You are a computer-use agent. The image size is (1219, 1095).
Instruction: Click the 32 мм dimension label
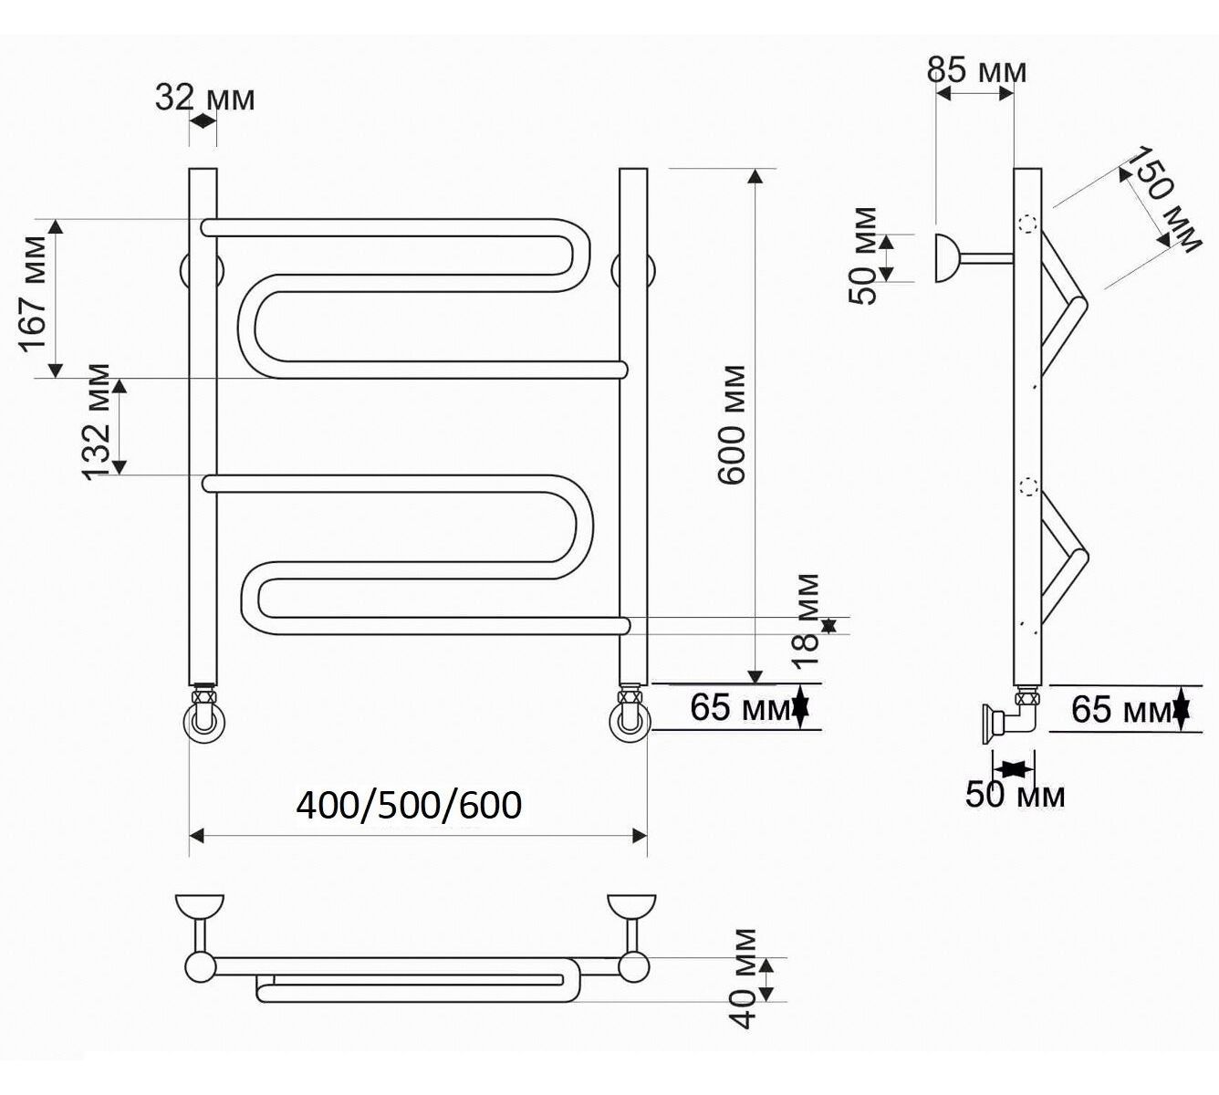(x=204, y=98)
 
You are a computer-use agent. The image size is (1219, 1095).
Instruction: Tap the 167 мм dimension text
(x=33, y=294)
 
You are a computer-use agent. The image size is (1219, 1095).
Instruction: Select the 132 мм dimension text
(x=96, y=422)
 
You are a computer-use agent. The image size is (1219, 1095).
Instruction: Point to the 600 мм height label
(x=732, y=424)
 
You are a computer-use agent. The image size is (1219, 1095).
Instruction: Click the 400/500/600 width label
(x=409, y=806)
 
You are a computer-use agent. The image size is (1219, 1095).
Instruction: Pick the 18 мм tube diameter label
(x=806, y=621)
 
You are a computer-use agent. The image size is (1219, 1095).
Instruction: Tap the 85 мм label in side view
(x=976, y=70)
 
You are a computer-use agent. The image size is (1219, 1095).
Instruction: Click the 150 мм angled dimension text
(x=1163, y=199)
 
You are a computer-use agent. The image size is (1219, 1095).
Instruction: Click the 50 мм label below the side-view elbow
(x=1015, y=794)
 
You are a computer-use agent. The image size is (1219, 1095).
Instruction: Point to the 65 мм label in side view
(x=1121, y=709)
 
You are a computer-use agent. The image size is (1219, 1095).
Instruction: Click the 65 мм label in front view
(x=740, y=707)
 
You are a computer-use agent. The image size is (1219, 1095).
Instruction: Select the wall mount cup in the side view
(x=947, y=258)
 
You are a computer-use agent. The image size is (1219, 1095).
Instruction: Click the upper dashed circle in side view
(x=1028, y=224)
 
